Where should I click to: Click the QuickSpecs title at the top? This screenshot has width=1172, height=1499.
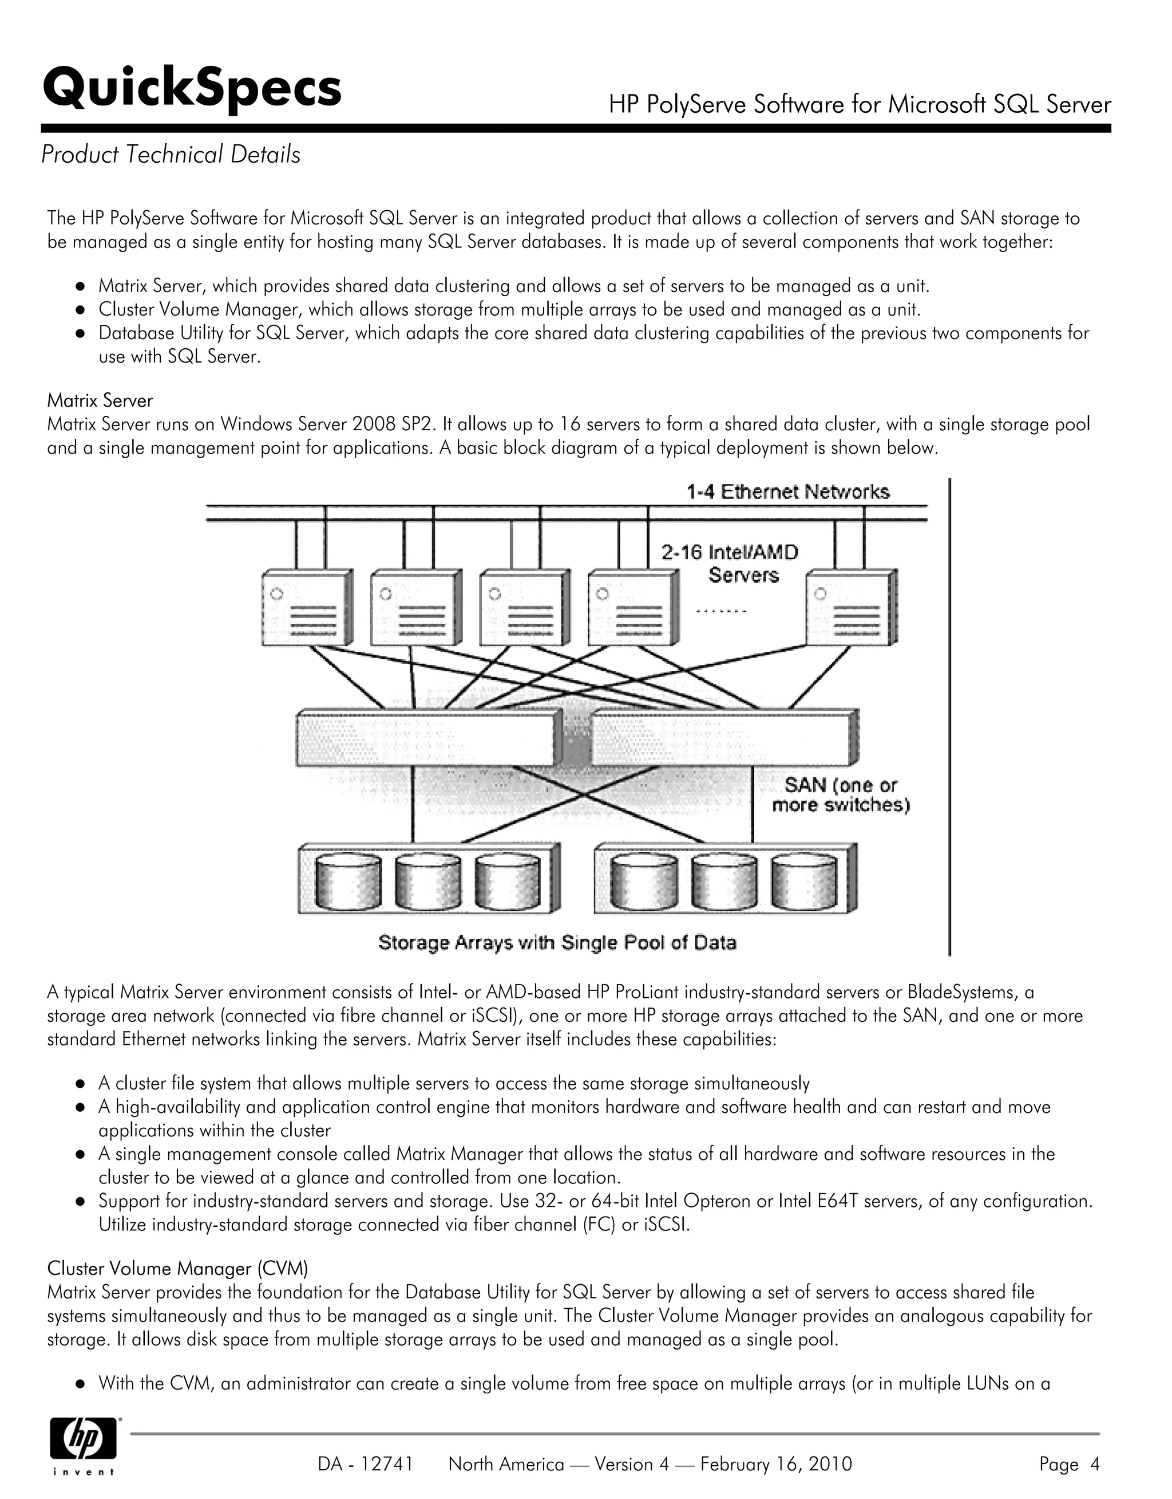[192, 89]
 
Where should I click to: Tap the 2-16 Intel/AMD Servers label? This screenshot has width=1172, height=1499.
[730, 563]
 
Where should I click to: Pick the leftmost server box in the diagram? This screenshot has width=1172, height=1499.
[307, 607]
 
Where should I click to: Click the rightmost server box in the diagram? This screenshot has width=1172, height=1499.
[851, 607]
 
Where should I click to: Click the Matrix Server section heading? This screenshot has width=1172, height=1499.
[100, 400]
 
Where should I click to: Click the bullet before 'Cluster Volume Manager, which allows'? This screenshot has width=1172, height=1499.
[80, 310]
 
